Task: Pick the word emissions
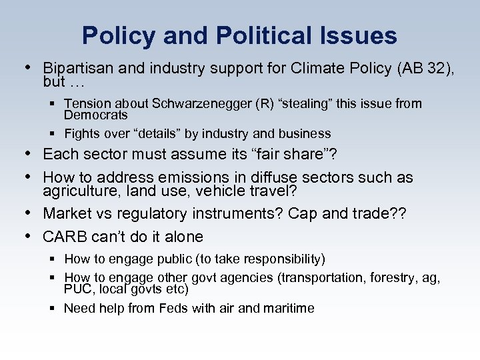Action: tap(197, 177)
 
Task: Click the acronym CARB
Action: tap(65, 237)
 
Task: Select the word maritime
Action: tap(288, 308)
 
